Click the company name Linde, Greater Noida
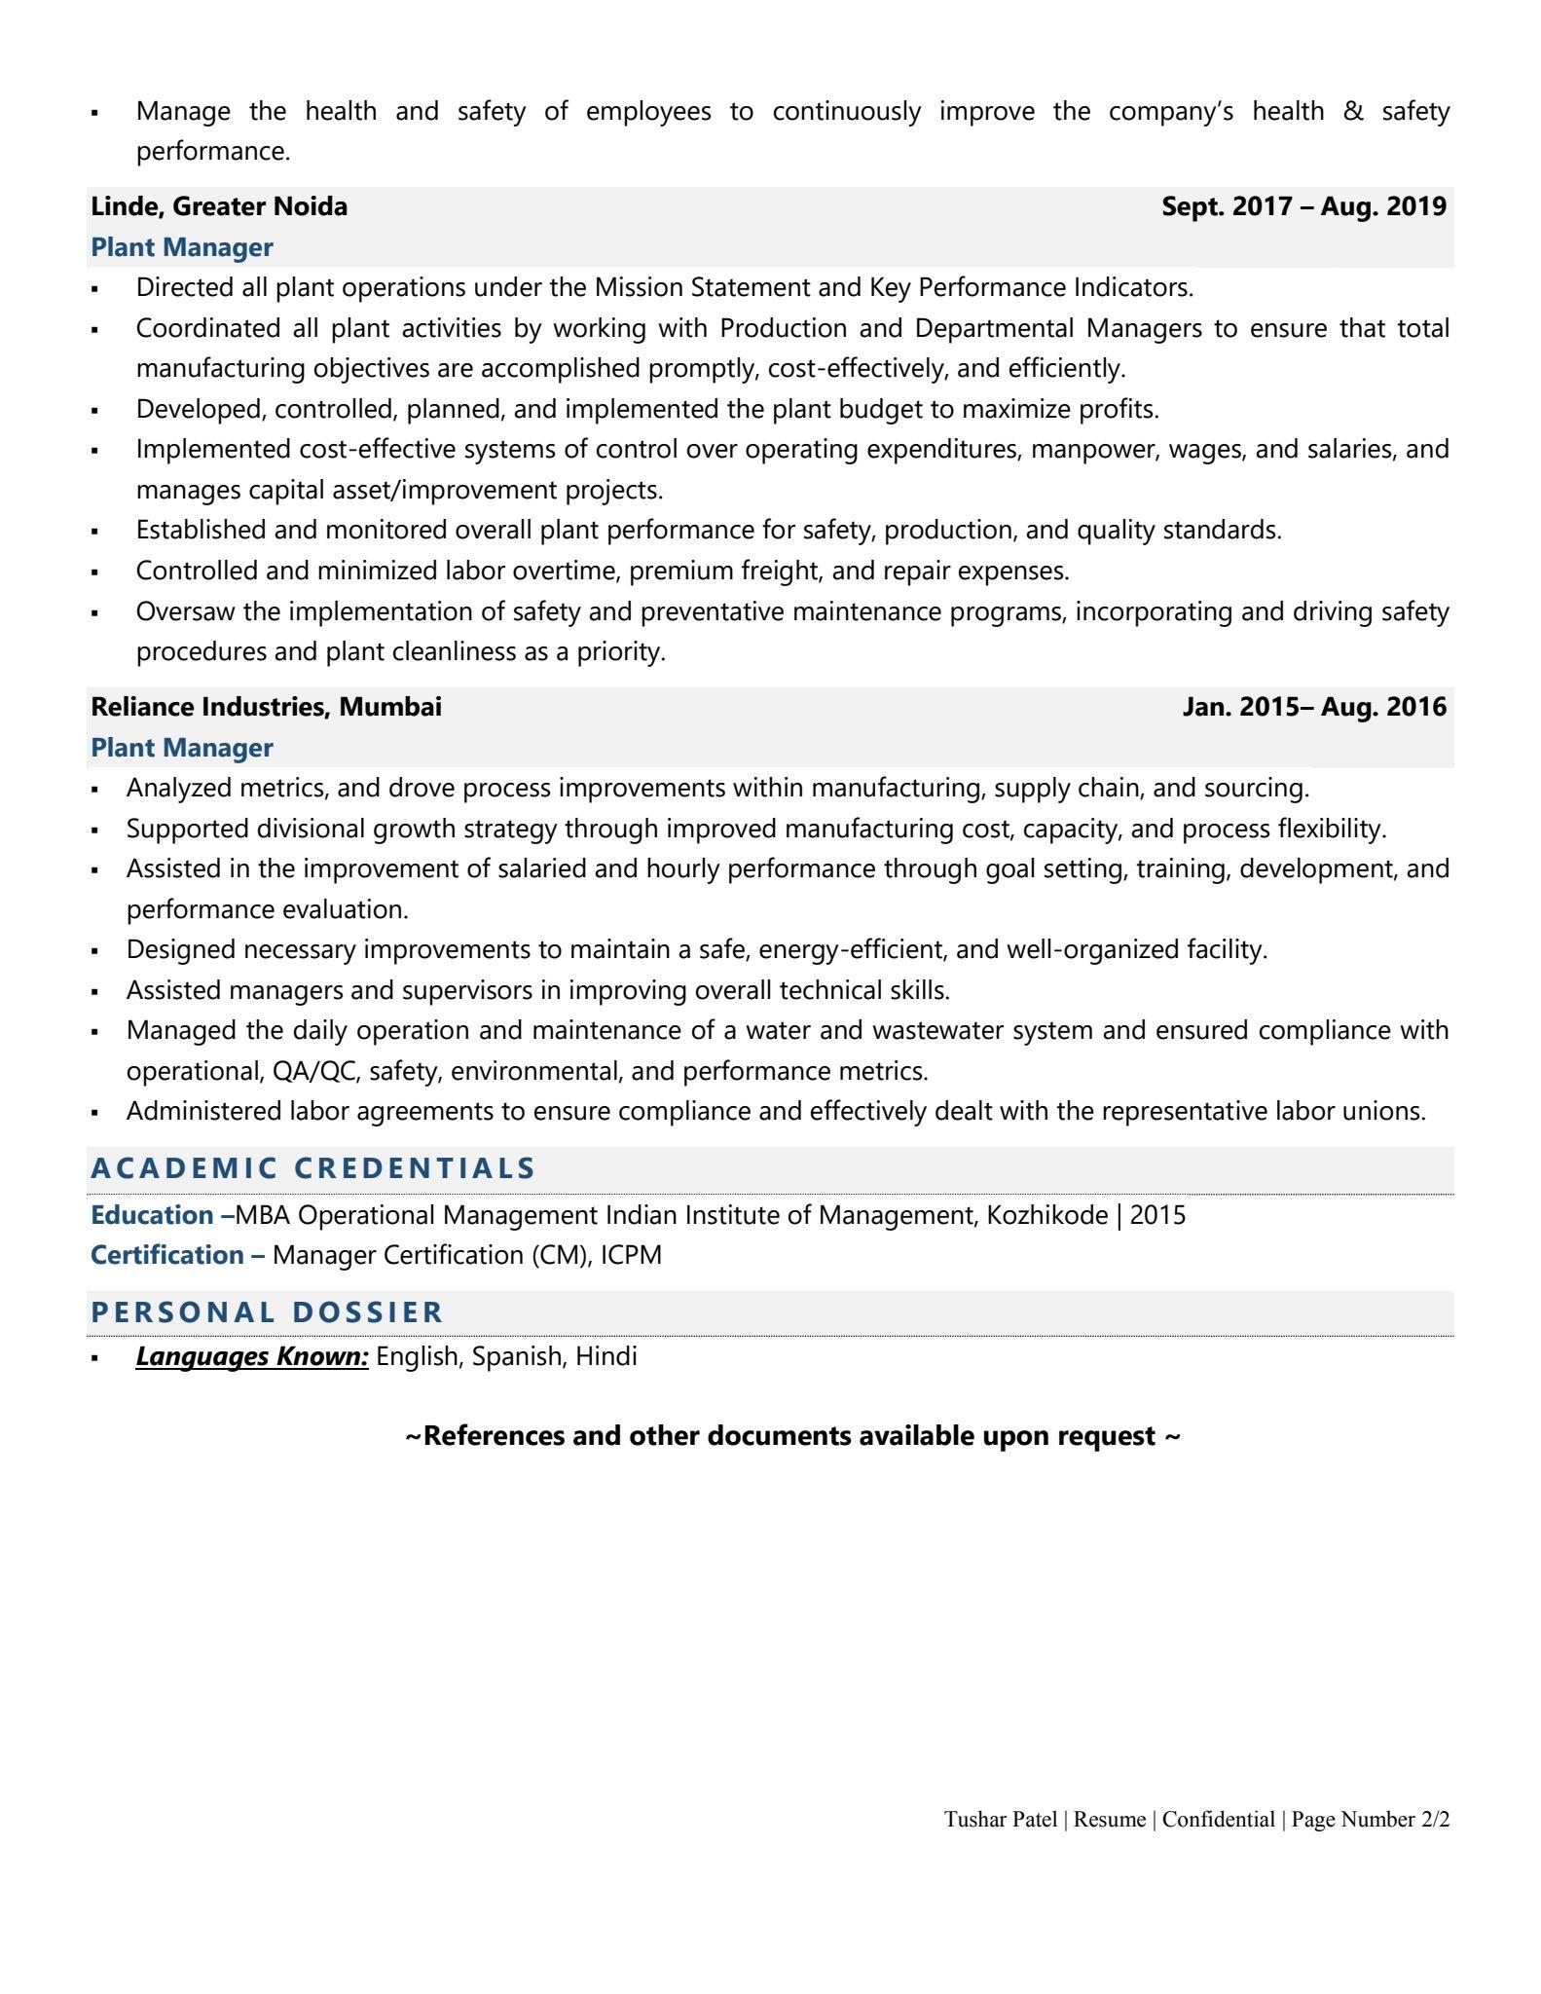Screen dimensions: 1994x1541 219,206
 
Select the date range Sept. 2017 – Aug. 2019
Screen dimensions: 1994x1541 1303,206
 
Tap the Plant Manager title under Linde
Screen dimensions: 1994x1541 182,247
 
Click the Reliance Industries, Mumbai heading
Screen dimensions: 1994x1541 266,707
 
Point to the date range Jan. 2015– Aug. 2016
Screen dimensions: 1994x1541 1314,707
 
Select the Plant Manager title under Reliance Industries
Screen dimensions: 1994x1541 182,748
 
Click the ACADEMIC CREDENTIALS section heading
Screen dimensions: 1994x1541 312,1168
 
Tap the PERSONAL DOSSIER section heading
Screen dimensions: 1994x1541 267,1312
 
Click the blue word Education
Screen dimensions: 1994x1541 152,1215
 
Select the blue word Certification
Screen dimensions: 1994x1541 166,1255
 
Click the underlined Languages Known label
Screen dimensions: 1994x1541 252,1356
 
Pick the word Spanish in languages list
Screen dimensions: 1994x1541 516,1356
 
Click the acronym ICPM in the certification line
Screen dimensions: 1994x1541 631,1255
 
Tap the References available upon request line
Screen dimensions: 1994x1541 792,1436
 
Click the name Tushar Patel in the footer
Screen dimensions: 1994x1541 1000,1819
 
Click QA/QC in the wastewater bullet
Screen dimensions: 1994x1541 314,1071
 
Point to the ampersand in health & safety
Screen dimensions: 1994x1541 1352,112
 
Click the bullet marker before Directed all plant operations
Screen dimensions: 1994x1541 94,289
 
